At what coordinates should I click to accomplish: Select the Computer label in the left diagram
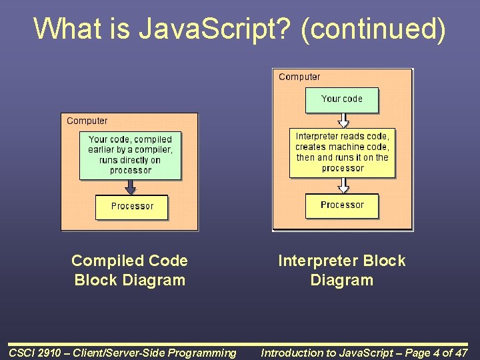pyautogui.click(x=87, y=121)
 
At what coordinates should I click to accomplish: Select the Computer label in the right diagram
pyautogui.click(x=299, y=77)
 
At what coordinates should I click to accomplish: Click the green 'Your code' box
pyautogui.click(x=341, y=99)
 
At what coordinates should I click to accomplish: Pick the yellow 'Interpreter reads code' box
pyautogui.click(x=342, y=153)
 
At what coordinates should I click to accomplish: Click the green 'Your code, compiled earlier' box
pyautogui.click(x=130, y=155)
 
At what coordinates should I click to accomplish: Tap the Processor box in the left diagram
pyautogui.click(x=131, y=207)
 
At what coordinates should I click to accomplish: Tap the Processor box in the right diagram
pyautogui.click(x=342, y=205)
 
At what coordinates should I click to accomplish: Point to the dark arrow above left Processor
pyautogui.click(x=131, y=187)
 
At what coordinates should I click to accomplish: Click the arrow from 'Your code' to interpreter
pyautogui.click(x=343, y=120)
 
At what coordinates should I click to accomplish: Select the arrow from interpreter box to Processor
pyautogui.click(x=343, y=185)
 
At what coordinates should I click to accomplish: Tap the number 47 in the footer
pyautogui.click(x=460, y=353)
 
